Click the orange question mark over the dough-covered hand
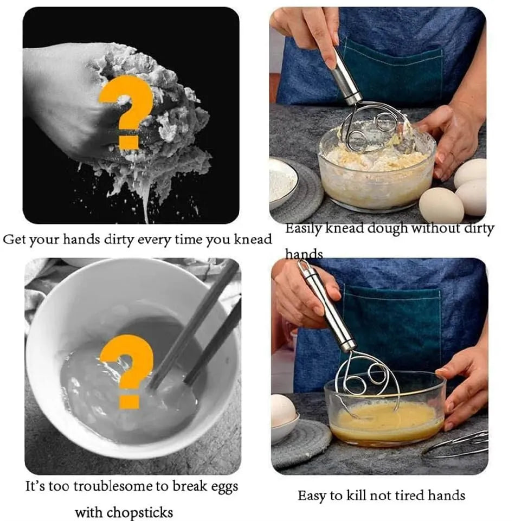126,111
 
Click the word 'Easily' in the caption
304,228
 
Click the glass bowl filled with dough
376,171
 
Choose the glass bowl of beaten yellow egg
386,417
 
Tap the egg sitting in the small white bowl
283,411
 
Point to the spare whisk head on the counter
458,445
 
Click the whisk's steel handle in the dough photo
345,78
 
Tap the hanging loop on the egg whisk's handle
304,267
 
